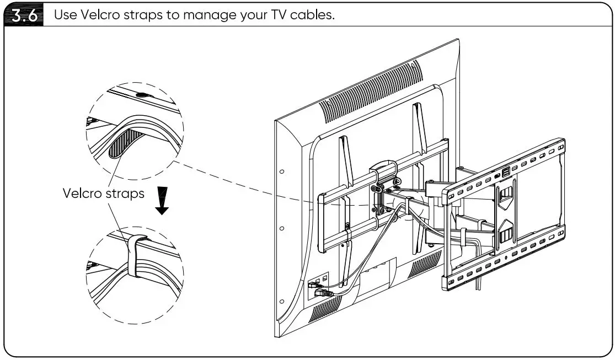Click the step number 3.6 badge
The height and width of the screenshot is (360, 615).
point(26,15)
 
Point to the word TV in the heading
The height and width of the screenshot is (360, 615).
point(274,15)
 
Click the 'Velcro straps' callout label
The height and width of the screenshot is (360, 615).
point(103,194)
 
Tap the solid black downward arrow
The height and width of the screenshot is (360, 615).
point(162,202)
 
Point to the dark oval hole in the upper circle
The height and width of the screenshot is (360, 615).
point(142,95)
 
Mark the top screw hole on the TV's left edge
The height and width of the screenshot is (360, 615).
point(282,171)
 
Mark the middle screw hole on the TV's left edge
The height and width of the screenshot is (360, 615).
point(282,228)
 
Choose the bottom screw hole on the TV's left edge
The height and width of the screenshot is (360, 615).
point(282,301)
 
